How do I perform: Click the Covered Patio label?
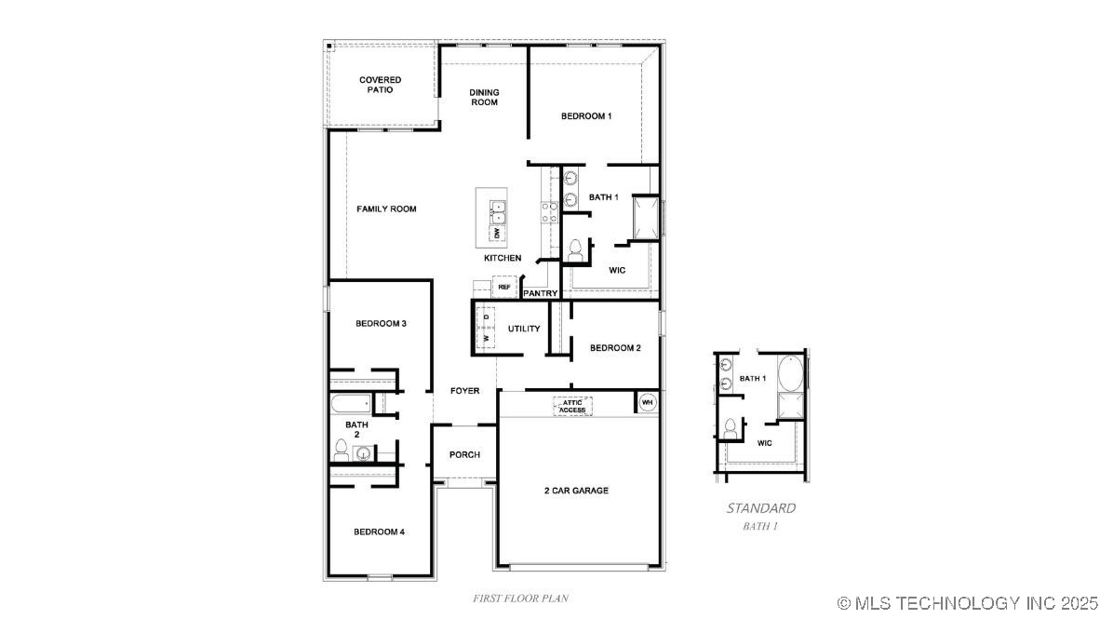click(x=381, y=85)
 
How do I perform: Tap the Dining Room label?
click(x=484, y=97)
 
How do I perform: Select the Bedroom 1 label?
click(x=586, y=115)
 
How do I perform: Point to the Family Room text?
click(x=386, y=209)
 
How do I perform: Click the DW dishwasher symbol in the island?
click(x=497, y=233)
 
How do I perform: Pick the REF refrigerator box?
click(x=504, y=287)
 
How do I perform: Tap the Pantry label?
click(x=540, y=293)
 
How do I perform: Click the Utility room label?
click(x=524, y=329)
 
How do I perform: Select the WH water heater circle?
click(x=647, y=402)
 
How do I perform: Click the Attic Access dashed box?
click(x=572, y=407)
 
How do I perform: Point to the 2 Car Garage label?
click(x=576, y=491)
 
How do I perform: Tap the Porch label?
click(x=464, y=455)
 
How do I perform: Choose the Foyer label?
click(x=465, y=391)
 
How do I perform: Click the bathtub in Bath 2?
click(x=351, y=404)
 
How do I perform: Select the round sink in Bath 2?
click(x=363, y=453)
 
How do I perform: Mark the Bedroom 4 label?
click(x=379, y=532)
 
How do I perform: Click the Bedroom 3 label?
click(x=381, y=324)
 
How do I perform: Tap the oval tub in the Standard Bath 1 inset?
click(x=790, y=372)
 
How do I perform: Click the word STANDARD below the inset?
click(x=761, y=508)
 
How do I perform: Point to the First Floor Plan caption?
click(x=520, y=599)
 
